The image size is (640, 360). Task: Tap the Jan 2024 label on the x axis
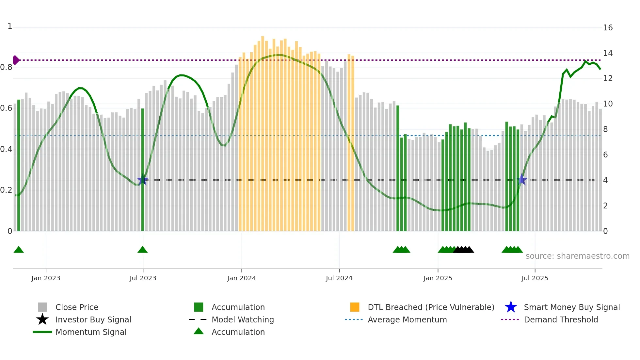click(241, 278)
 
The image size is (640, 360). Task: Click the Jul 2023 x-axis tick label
click(143, 278)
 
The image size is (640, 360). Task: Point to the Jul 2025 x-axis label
click(535, 278)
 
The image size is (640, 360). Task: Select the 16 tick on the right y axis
click(608, 28)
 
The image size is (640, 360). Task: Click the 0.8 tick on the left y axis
click(6, 67)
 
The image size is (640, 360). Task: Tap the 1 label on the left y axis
click(10, 26)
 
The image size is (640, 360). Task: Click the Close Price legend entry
click(77, 307)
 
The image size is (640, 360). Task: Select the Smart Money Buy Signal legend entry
click(571, 307)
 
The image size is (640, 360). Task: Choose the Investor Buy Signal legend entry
click(93, 319)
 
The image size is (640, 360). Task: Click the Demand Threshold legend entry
click(561, 319)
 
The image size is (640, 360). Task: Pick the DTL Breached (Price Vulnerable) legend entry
click(431, 307)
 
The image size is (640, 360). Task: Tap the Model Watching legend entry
click(243, 319)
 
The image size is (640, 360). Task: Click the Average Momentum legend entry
click(407, 319)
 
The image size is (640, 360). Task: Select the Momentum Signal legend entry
click(91, 332)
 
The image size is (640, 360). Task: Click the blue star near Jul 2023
click(142, 180)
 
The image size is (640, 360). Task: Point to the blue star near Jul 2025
click(522, 180)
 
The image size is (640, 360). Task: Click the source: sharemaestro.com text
click(577, 256)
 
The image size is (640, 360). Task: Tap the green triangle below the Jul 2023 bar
click(142, 250)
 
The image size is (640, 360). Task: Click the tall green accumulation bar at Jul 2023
click(142, 170)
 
